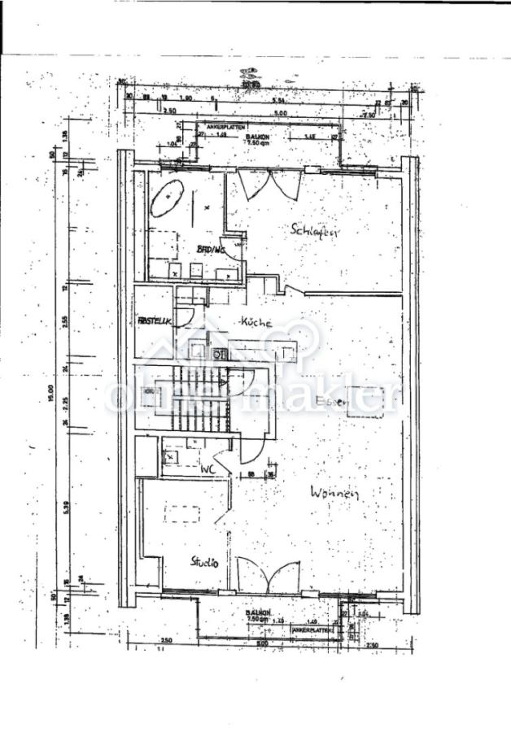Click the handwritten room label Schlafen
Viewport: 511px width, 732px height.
point(314,230)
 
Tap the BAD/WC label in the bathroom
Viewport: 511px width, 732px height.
point(210,250)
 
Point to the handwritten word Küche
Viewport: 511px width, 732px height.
point(255,322)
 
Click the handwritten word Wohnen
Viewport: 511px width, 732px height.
point(334,491)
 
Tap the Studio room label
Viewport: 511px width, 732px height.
point(204,560)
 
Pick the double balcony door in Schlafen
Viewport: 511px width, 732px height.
point(272,185)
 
